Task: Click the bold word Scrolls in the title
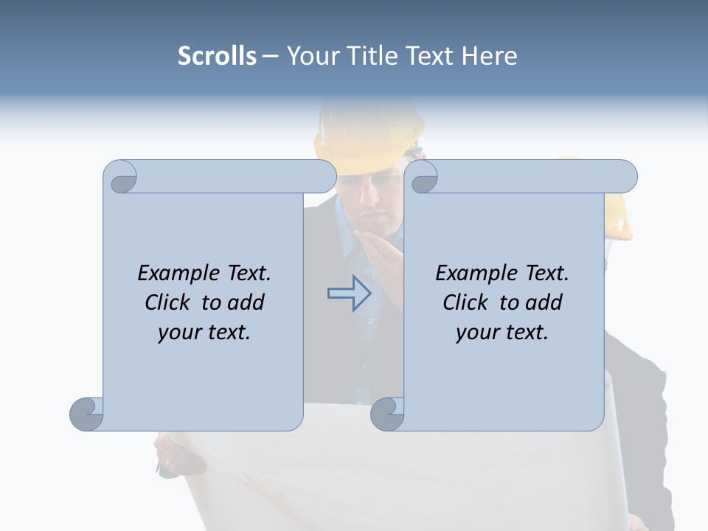217,55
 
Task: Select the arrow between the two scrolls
349,292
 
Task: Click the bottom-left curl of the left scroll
87,413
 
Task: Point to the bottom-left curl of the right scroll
387,413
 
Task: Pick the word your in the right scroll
477,332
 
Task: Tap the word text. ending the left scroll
226,332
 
